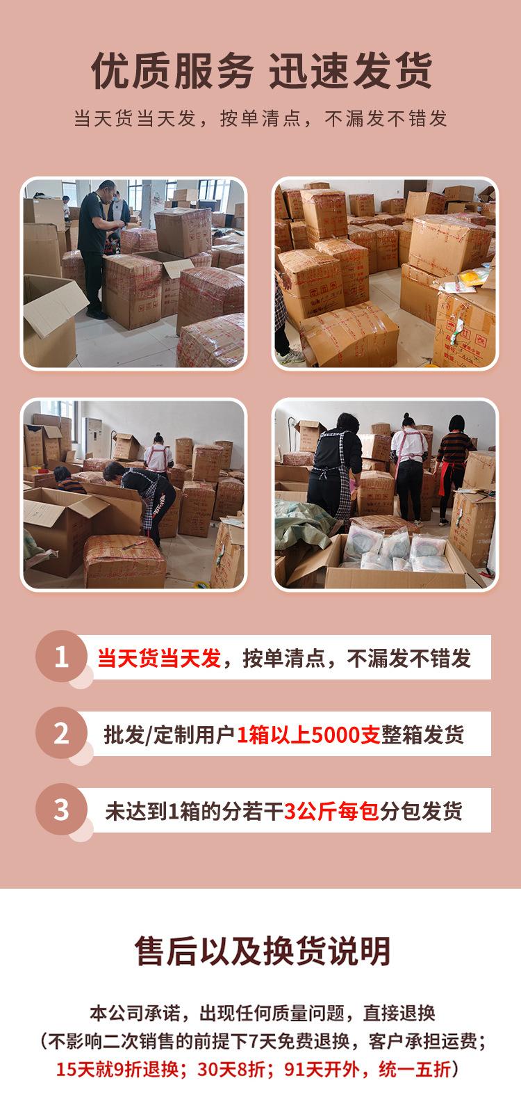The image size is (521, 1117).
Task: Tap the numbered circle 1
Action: tap(62, 657)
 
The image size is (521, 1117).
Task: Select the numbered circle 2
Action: tap(62, 733)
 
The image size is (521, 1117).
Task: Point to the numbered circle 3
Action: tap(62, 810)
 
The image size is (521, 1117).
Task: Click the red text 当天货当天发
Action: tap(159, 658)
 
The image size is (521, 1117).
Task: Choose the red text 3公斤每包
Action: tap(332, 811)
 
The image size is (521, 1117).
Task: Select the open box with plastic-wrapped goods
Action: tap(389, 556)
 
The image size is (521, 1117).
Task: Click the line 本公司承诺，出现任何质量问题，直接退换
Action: tap(262, 1013)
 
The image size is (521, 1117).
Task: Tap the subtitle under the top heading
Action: tap(260, 119)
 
